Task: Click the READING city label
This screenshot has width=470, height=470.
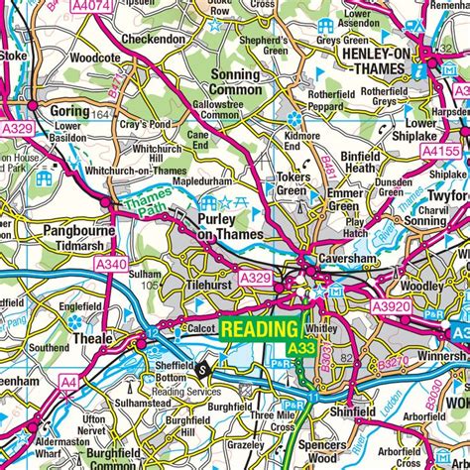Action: point(260,329)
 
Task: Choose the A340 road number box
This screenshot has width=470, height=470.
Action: point(112,264)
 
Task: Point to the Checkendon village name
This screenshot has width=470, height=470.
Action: point(154,39)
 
